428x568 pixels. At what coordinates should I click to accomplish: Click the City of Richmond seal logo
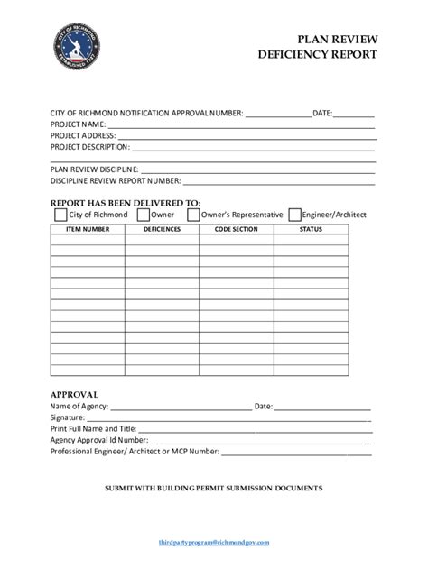click(77, 47)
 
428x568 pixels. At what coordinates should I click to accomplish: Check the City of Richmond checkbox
click(60, 215)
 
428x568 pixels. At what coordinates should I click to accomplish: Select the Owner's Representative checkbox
click(193, 215)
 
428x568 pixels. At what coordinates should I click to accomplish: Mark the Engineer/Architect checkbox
click(295, 215)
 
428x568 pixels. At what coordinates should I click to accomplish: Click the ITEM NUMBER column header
click(88, 229)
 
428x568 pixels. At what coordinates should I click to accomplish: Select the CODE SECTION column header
click(236, 229)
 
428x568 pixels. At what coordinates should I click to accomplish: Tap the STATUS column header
click(311, 229)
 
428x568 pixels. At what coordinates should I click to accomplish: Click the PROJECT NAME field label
click(79, 124)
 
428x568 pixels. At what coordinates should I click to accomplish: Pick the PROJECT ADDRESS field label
click(83, 135)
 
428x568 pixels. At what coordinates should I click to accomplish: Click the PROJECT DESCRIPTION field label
click(89, 146)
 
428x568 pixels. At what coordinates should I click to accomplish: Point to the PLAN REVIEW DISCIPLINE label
click(94, 169)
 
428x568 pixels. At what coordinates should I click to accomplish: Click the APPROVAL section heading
click(74, 394)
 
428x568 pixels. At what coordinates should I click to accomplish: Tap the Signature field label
click(68, 417)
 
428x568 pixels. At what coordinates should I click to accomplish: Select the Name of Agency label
click(79, 407)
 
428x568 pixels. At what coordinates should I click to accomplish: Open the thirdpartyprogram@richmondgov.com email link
click(214, 543)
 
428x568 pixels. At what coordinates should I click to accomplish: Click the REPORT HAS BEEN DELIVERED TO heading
click(126, 203)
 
